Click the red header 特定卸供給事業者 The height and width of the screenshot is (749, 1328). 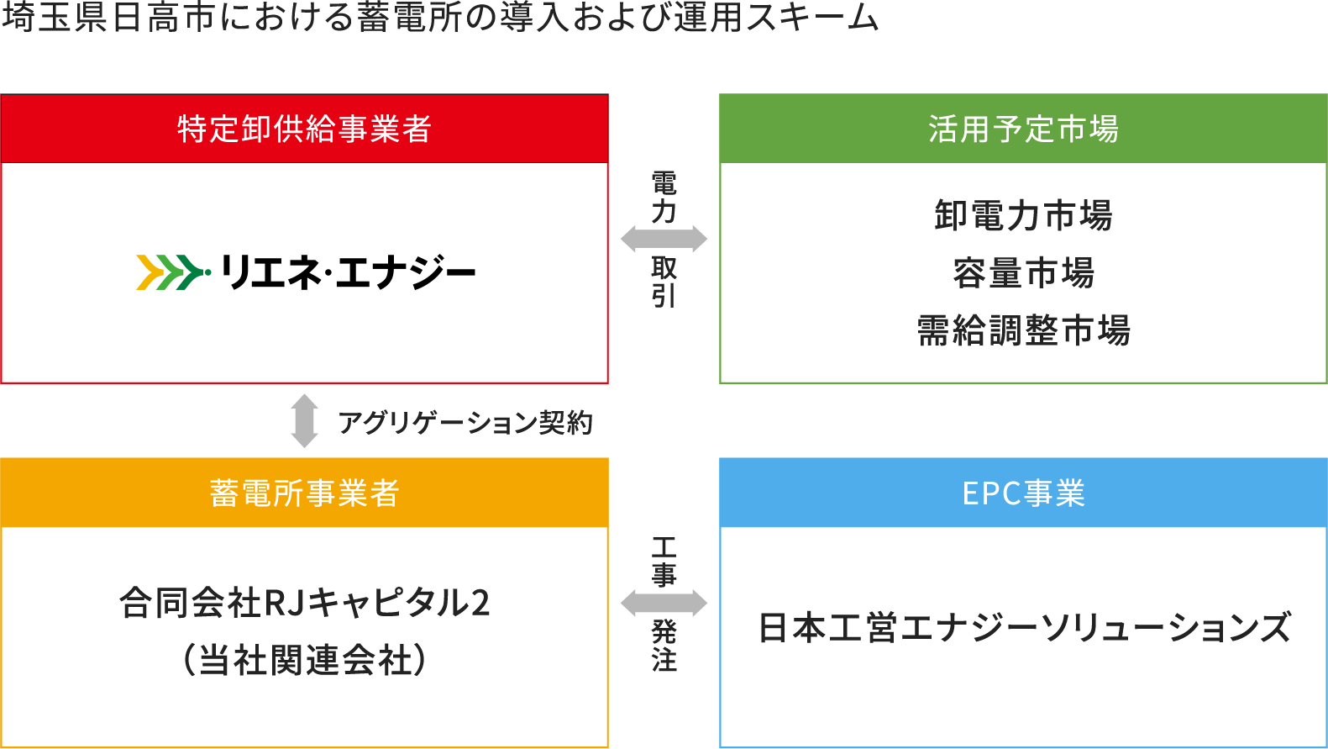point(304,129)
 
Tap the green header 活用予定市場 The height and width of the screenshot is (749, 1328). point(1023,129)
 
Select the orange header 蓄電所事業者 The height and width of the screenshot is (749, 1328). point(304,493)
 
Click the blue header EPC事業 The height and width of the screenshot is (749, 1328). point(1023,493)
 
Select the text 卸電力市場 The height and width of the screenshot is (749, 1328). point(1023,215)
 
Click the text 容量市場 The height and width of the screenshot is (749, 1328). point(1023,273)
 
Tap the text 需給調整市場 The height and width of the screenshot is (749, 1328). point(1023,330)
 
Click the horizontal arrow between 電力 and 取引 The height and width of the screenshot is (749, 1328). point(664,240)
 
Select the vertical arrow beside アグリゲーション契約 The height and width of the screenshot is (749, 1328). point(304,420)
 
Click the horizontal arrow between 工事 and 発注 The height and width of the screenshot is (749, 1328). point(664,603)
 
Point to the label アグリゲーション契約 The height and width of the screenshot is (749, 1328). point(465,422)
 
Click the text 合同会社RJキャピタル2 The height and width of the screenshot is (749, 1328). point(304,603)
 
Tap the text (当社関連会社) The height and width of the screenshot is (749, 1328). point(304,660)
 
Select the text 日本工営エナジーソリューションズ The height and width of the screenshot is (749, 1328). point(1023,628)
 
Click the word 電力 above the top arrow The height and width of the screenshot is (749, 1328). point(664,198)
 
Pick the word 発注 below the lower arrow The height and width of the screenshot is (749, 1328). point(664,646)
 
